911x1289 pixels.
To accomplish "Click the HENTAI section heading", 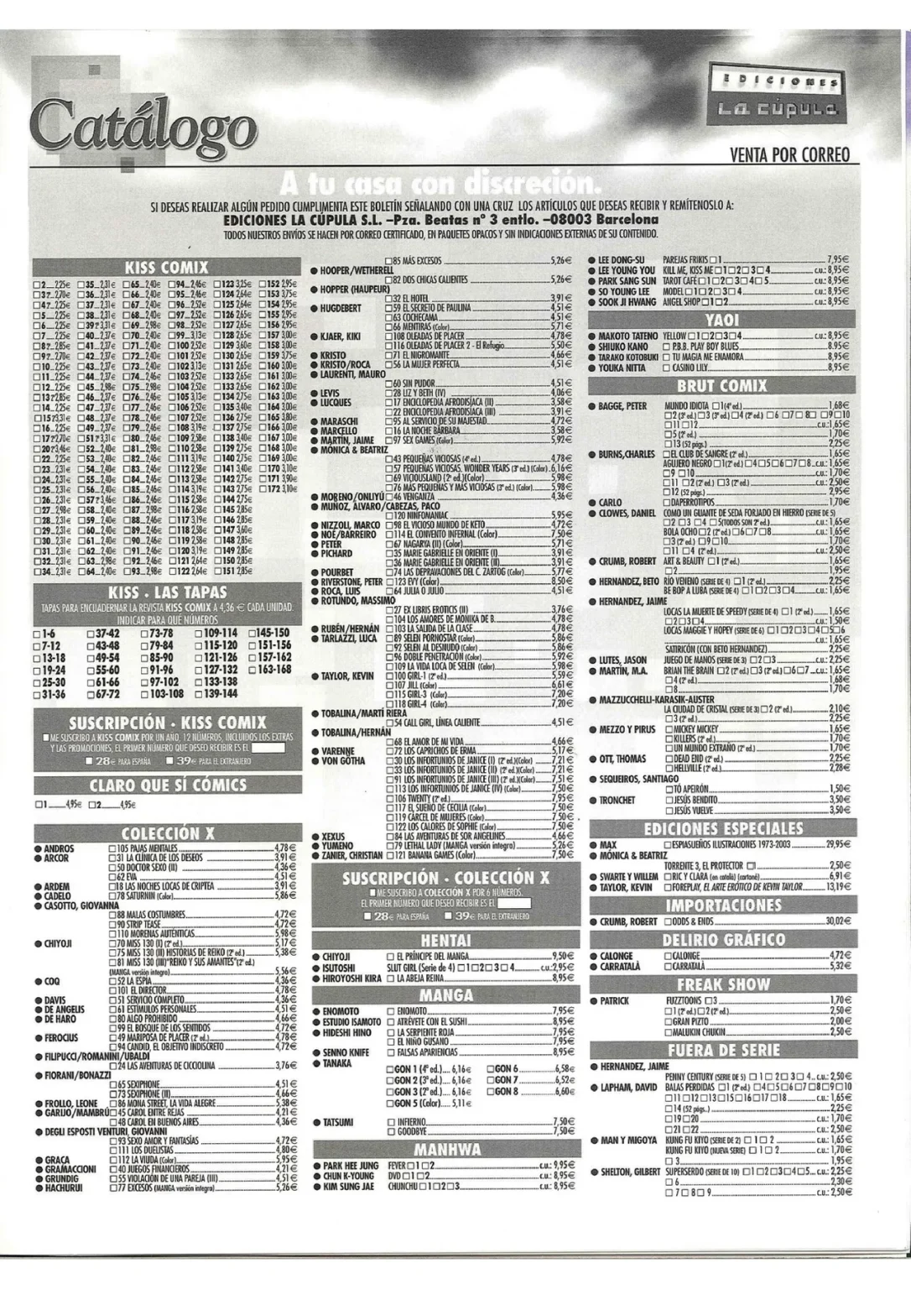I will click(x=445, y=940).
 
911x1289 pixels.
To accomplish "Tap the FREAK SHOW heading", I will click(x=722, y=984).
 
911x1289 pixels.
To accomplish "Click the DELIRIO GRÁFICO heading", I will click(x=722, y=939).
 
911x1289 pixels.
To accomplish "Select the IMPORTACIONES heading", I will click(x=722, y=905).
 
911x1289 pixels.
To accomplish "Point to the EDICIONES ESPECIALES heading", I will click(x=722, y=828).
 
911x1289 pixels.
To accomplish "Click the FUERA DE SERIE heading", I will click(x=722, y=1050).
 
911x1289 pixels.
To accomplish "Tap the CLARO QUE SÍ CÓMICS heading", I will click(x=168, y=785).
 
